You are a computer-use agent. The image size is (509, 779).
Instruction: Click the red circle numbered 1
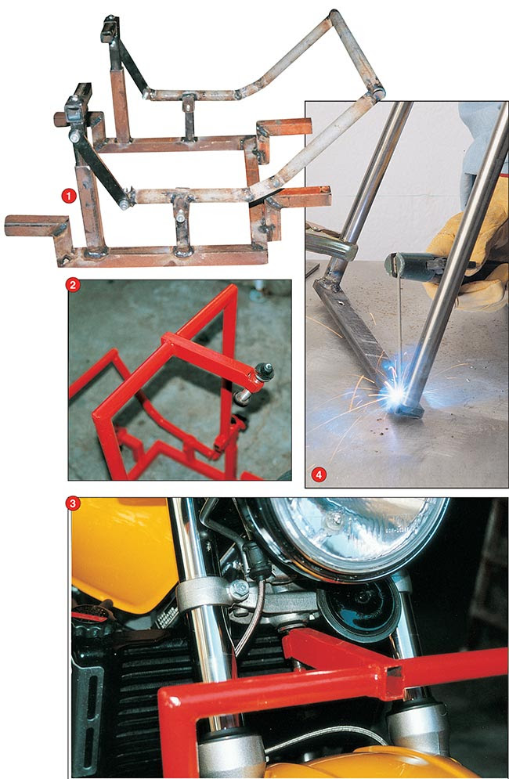69,196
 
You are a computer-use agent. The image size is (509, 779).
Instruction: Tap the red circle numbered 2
73,285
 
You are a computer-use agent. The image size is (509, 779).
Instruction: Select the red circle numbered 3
73,503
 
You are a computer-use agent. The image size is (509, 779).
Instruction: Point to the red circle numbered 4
319,474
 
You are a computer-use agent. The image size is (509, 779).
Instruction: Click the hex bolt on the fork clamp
239,590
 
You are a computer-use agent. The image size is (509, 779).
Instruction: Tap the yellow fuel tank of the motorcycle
125,552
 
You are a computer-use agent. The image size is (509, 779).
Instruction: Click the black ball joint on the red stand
263,371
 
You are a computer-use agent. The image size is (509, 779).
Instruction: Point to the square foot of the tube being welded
409,409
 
